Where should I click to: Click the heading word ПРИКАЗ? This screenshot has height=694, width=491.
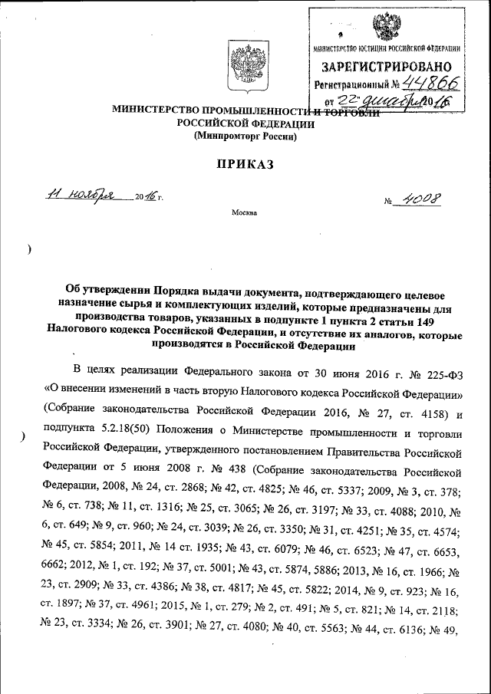tap(245, 164)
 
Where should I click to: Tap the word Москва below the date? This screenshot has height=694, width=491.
tap(245, 212)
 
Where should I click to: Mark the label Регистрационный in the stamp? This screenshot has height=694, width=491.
tap(350, 85)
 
